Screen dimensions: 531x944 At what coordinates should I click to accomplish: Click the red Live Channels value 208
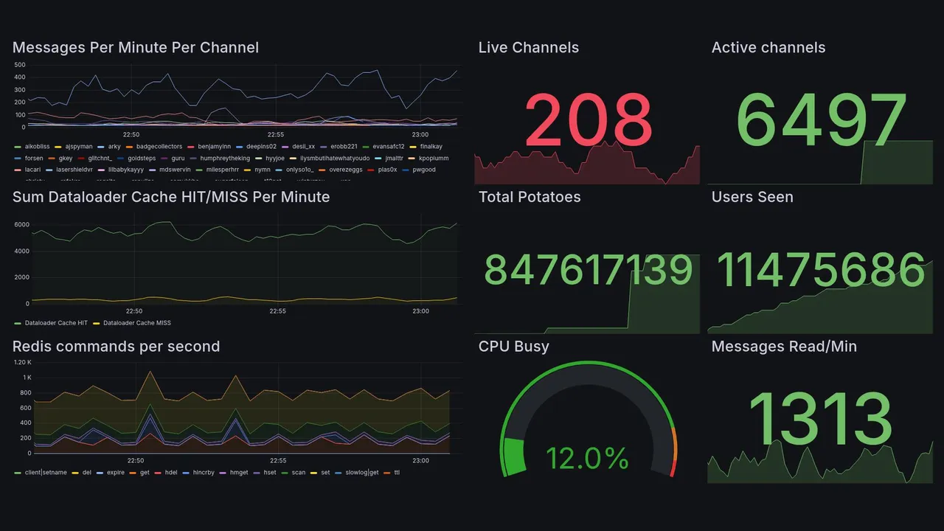click(x=588, y=120)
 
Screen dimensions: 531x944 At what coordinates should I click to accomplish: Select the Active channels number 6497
click(x=822, y=120)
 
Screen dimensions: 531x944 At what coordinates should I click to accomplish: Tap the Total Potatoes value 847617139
click(x=588, y=270)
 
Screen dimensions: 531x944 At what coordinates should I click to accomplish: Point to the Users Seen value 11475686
click(x=821, y=270)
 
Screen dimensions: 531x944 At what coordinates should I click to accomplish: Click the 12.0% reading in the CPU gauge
click(x=587, y=459)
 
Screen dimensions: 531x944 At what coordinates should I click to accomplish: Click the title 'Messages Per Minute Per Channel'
click(x=136, y=48)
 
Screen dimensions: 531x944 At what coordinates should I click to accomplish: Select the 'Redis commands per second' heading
click(x=117, y=347)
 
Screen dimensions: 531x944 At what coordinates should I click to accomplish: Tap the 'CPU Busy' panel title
click(x=513, y=347)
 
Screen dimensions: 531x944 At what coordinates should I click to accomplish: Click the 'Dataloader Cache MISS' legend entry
click(x=136, y=323)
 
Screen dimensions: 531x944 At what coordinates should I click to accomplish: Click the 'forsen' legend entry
click(x=34, y=158)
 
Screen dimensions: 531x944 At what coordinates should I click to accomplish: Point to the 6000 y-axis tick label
click(x=21, y=225)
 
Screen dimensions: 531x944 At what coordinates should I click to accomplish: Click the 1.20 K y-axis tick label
click(x=23, y=362)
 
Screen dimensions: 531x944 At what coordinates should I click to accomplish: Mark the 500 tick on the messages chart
click(x=20, y=65)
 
